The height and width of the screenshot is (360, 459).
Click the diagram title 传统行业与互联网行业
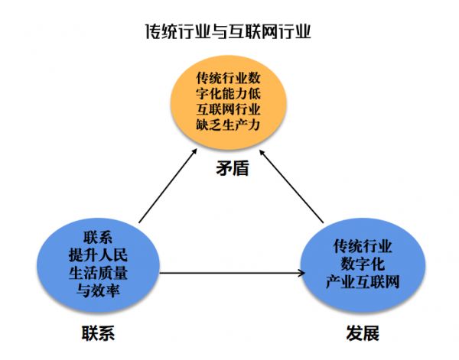[229, 31]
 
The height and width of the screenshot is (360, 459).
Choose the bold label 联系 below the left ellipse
[98, 334]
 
